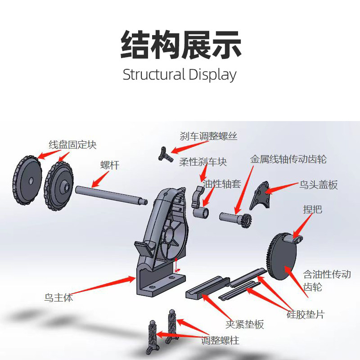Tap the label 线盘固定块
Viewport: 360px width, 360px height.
[x=72, y=145]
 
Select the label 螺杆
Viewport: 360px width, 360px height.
[x=109, y=165]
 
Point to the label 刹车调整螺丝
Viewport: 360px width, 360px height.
[x=208, y=136]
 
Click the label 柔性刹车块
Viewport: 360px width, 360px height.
[x=203, y=162]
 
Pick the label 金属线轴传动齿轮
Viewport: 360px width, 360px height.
[x=288, y=159]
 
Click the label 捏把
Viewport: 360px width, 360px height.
[x=313, y=209]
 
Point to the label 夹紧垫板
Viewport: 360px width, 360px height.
[x=244, y=324]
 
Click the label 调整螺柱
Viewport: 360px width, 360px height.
[x=220, y=340]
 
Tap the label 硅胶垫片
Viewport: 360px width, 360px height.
[x=306, y=314]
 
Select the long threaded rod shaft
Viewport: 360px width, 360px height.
[x=110, y=194]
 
